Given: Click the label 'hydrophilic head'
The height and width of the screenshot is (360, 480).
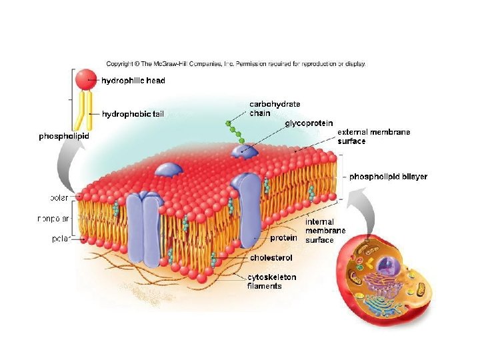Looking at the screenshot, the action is (133, 81).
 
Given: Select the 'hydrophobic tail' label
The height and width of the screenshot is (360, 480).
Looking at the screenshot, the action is (132, 114).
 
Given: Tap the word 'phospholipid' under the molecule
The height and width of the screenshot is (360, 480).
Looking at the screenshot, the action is (63, 136).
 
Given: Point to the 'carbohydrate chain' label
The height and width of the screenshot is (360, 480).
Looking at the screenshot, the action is (275, 108).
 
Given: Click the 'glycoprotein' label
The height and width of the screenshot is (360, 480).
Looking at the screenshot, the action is (309, 123).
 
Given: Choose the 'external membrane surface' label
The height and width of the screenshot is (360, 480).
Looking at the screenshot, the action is (373, 136).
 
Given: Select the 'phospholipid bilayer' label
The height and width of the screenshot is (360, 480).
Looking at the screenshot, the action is (388, 177).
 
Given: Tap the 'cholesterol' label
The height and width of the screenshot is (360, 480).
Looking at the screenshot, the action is (271, 257).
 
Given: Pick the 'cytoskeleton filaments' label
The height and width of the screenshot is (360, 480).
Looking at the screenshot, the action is (271, 281).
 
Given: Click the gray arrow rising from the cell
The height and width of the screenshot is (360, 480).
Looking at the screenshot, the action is (363, 207).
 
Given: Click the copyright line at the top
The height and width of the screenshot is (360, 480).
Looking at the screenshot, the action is (235, 64).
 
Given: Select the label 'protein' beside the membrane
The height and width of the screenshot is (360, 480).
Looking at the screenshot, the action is (283, 237).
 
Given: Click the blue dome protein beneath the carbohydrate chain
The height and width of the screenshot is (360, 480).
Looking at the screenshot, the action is (244, 153).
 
